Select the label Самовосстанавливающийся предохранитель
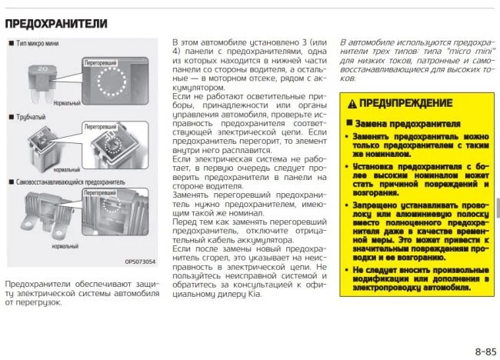point(65,182)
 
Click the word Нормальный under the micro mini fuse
point(66,101)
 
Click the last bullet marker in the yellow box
point(349,271)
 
